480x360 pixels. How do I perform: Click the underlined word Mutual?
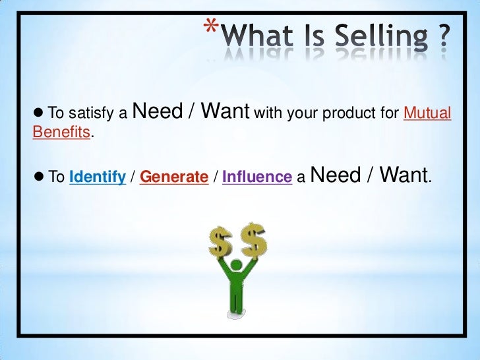[x=427, y=114]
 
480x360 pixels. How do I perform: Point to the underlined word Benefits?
[x=61, y=133]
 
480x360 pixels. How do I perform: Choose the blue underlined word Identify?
[x=98, y=177]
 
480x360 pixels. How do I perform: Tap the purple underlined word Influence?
[x=257, y=177]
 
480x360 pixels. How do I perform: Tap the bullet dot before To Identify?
[x=38, y=177]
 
